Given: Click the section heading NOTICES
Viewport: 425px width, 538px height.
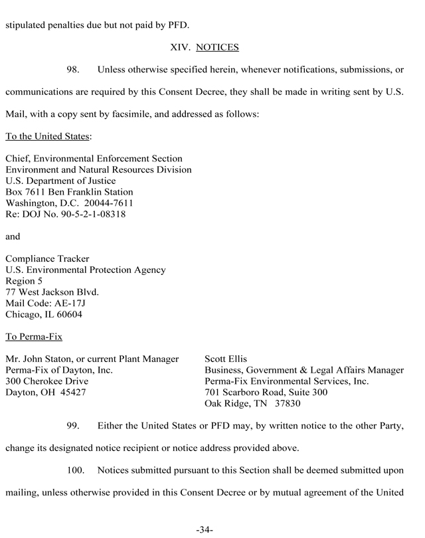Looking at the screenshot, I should click(x=218, y=47).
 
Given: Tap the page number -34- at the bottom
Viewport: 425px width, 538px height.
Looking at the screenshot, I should click(x=205, y=529).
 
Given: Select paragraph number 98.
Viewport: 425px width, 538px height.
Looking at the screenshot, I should click(x=74, y=70).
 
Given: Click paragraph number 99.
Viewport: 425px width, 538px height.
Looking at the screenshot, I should click(x=74, y=424).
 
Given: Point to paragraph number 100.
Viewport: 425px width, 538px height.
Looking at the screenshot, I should click(x=77, y=471).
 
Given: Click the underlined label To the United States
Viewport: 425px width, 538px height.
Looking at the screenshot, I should click(x=47, y=137).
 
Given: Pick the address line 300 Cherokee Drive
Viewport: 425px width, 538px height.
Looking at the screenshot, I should click(x=46, y=381).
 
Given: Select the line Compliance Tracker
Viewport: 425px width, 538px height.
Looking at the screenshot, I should click(x=47, y=258).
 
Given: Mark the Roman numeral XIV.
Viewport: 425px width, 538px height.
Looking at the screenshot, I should click(x=181, y=47).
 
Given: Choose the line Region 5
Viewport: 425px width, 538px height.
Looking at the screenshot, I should click(x=24, y=281).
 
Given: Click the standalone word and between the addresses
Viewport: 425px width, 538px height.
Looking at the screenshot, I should click(x=13, y=236).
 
